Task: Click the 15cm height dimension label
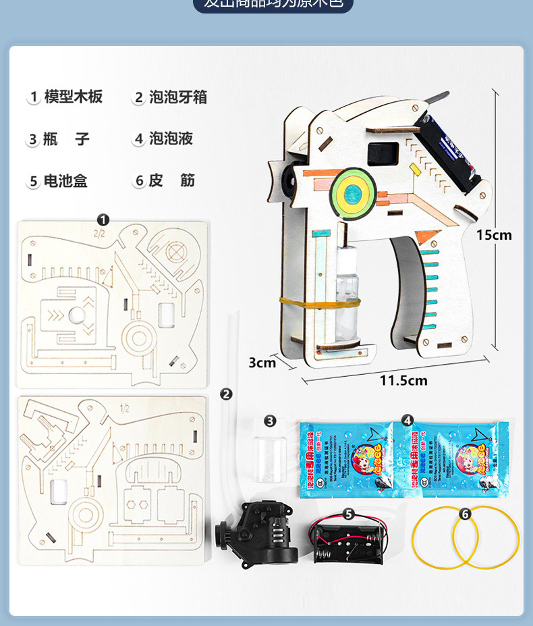(494, 235)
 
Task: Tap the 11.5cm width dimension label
(403, 381)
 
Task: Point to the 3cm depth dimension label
(262, 363)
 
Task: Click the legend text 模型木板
(74, 97)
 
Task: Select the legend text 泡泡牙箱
(178, 97)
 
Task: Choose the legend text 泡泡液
(171, 138)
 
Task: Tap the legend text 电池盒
(65, 181)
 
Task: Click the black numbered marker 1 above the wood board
(103, 219)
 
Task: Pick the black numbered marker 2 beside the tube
(227, 394)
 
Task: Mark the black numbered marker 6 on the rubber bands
(465, 514)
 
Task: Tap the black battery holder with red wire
(349, 541)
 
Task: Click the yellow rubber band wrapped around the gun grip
(316, 303)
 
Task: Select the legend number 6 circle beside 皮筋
(139, 181)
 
